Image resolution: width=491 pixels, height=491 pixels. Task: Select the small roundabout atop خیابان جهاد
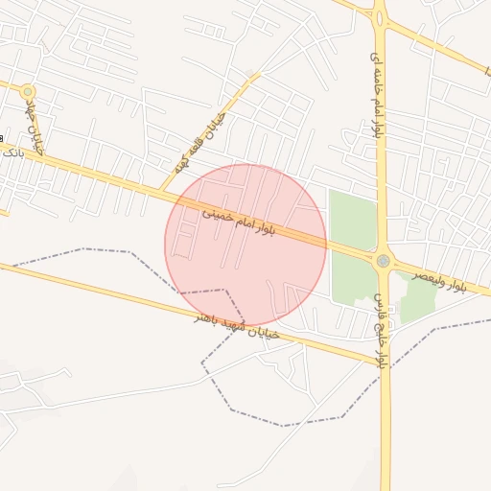pyautogui.click(x=28, y=91)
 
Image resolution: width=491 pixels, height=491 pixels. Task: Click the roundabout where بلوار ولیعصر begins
pyautogui.click(x=383, y=260)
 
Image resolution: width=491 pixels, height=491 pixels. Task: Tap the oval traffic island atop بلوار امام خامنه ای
pyautogui.click(x=380, y=13)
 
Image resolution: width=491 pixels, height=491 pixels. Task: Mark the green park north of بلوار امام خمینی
pyautogui.click(x=352, y=219)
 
